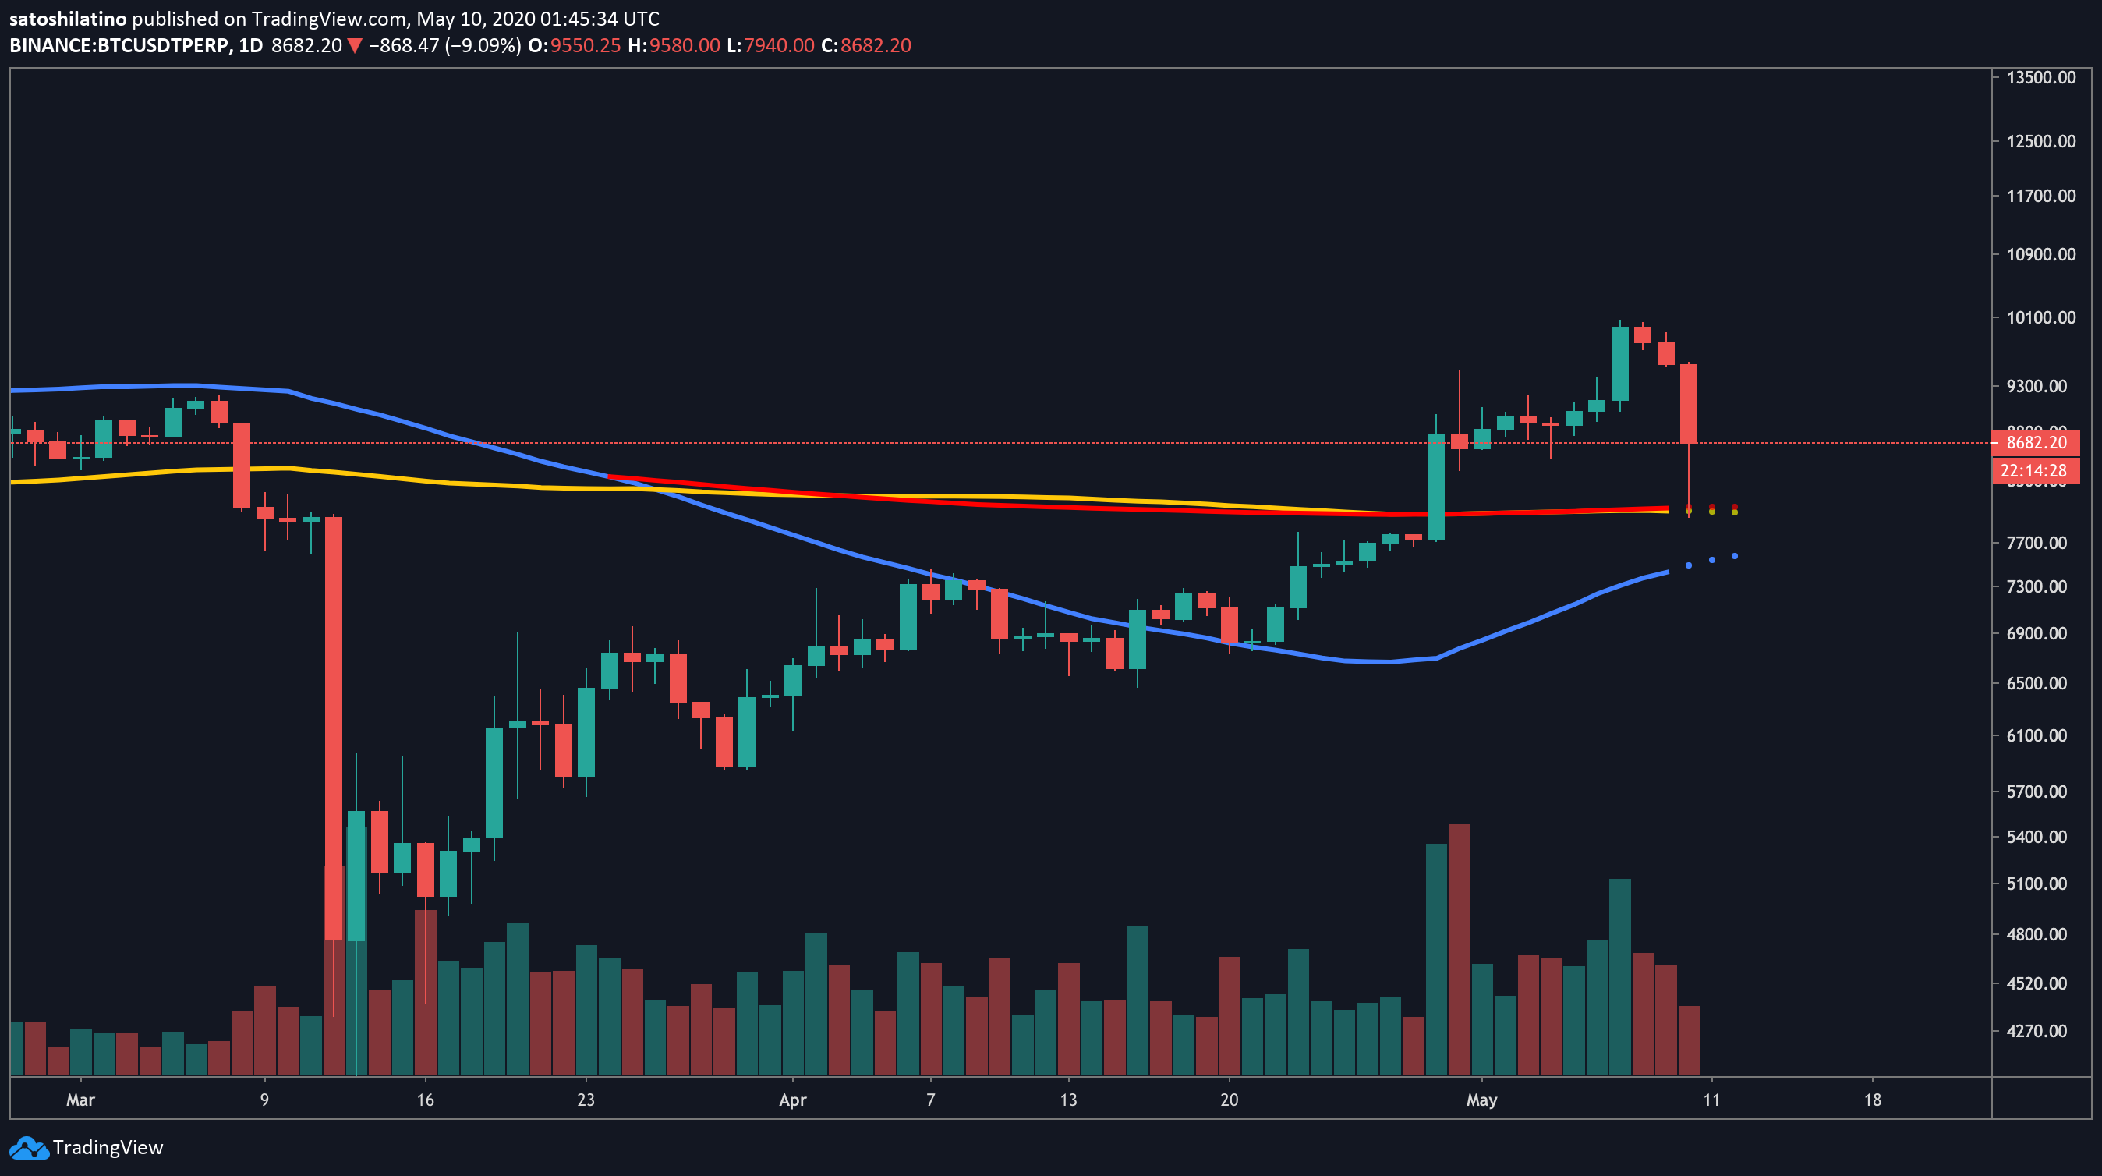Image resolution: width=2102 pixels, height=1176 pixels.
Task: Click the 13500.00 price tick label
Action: pos(2041,77)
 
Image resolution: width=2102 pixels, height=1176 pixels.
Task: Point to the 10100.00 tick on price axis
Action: pos(2041,317)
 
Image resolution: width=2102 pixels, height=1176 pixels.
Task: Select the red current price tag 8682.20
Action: pos(2036,442)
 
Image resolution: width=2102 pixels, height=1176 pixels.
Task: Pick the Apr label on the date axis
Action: pos(792,1100)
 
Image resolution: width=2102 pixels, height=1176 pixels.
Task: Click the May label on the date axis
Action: pos(1481,1100)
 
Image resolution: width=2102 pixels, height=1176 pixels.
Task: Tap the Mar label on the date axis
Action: pos(80,1100)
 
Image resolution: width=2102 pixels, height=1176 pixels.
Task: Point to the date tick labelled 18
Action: pos(1872,1100)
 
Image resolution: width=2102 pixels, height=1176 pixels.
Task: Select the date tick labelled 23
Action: pos(585,1100)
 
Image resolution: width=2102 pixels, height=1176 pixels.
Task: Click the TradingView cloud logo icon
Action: pos(30,1147)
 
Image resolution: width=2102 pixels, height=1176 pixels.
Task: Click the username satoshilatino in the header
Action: pos(68,19)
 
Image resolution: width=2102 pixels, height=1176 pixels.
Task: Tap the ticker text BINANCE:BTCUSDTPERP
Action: pos(119,46)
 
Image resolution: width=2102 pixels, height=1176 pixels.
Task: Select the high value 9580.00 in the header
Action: pos(684,46)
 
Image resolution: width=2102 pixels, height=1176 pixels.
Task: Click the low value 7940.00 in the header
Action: pos(778,46)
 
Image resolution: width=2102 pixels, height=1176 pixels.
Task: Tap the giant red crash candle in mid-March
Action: pos(333,726)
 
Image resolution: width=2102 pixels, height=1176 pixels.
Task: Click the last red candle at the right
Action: pos(1688,404)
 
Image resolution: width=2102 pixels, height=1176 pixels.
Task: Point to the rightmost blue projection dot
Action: pos(1734,556)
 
